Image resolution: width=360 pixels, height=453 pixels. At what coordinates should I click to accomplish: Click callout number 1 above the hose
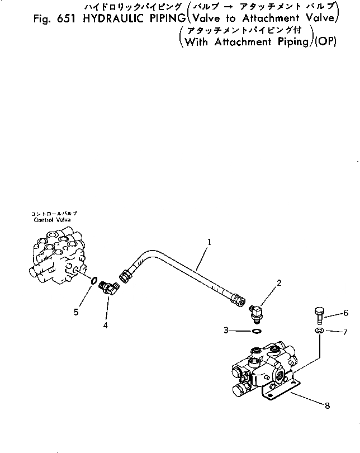209,242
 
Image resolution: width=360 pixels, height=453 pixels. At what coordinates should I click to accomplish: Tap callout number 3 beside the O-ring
226,331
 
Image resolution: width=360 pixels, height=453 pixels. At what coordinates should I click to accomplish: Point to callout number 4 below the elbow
106,325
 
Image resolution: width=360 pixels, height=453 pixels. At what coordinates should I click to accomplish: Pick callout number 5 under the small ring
75,312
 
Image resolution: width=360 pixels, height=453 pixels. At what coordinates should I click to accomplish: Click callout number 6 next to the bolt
346,313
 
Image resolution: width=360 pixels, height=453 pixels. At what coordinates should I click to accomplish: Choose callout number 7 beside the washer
345,332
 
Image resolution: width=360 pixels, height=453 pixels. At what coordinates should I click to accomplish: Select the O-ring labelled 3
256,331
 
